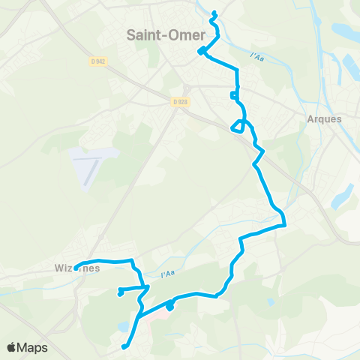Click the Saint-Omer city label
tap(162, 34)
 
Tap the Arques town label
tap(324, 118)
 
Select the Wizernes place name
tap(77, 268)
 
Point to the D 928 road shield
tap(178, 101)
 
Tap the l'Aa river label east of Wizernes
tap(167, 274)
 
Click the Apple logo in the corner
tap(12, 348)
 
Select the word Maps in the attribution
tap(33, 348)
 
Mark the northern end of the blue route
tap(214, 13)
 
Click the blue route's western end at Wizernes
tap(76, 268)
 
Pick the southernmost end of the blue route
tap(124, 346)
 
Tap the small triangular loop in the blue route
tap(238, 125)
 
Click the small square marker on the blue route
tap(235, 95)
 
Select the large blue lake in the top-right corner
tap(346, 32)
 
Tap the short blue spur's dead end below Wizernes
tap(120, 293)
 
